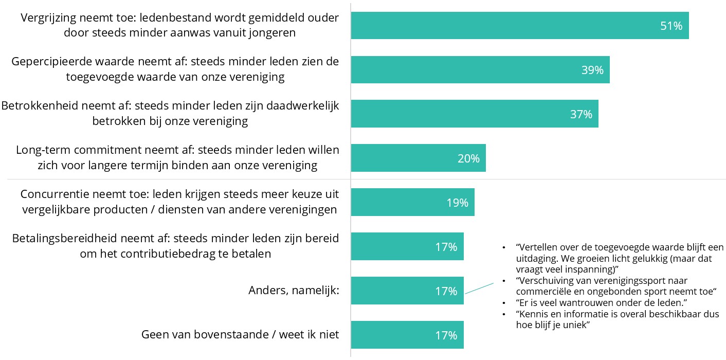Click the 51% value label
point(671,26)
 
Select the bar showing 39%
point(480,70)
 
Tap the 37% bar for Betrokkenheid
point(474,114)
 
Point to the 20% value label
point(468,158)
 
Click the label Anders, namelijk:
point(294,291)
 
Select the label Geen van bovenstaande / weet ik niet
point(240,335)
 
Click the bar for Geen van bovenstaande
point(407,335)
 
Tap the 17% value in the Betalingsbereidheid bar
point(446,247)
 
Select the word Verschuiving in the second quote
point(545,281)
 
